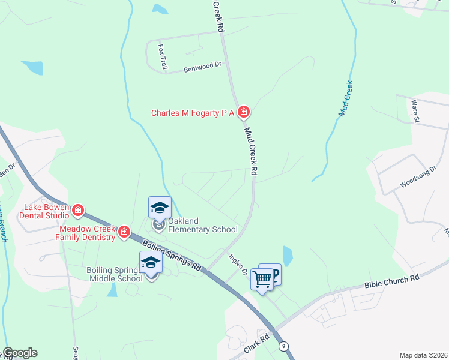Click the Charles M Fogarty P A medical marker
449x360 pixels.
click(x=244, y=112)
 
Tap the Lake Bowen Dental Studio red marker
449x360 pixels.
click(x=78, y=211)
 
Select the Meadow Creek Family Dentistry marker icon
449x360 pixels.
click(x=124, y=232)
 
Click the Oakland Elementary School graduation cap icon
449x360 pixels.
click(x=160, y=208)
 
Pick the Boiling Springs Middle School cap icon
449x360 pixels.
click(x=151, y=263)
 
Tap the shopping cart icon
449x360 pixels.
click(x=262, y=279)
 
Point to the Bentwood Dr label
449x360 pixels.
click(x=203, y=67)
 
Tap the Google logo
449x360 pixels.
click(x=19, y=353)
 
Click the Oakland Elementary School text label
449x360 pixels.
click(x=203, y=225)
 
